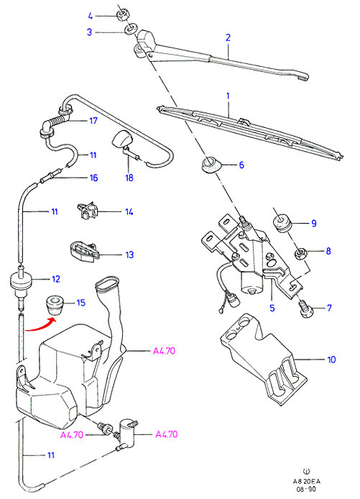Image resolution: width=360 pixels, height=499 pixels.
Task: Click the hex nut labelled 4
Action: [x=122, y=15]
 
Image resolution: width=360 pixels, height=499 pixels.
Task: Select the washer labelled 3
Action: [x=130, y=29]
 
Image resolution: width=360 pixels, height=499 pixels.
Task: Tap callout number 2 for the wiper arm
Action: [x=228, y=37]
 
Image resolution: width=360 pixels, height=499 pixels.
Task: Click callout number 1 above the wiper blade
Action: [x=228, y=96]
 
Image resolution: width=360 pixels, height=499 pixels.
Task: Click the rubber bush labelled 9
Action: [x=282, y=224]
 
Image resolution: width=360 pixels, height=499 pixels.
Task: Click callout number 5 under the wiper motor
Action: [x=272, y=308]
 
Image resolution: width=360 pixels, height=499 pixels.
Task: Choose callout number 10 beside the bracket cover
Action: [x=331, y=360]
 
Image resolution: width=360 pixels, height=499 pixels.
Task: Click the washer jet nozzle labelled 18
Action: [x=122, y=142]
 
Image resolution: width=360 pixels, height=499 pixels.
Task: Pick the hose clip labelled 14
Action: [x=87, y=211]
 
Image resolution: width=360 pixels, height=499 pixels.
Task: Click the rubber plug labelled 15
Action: [x=55, y=305]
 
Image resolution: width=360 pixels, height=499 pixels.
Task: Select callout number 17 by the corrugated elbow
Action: [x=93, y=121]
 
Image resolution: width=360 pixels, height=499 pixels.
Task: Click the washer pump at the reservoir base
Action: [x=127, y=433]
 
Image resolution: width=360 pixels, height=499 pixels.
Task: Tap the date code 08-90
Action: [x=305, y=489]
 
